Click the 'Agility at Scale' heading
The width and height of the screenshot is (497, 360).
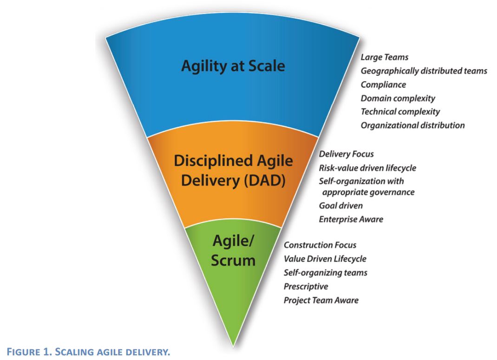click(x=233, y=66)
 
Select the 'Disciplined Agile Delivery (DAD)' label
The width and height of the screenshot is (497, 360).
click(x=233, y=170)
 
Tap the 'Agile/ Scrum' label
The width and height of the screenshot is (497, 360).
click(x=233, y=251)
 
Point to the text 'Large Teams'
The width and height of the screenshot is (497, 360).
click(x=385, y=57)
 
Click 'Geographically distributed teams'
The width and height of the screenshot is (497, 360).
click(x=424, y=71)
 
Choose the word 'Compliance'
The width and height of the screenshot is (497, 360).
click(x=383, y=85)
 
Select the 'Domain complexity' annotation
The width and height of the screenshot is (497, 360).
click(x=398, y=98)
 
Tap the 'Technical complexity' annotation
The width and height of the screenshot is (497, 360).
click(x=400, y=111)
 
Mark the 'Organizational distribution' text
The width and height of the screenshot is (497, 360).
click(x=412, y=125)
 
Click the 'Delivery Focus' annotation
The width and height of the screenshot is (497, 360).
click(x=346, y=154)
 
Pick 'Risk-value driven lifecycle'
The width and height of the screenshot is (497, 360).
click(x=367, y=168)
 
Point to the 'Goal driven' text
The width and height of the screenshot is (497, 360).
click(x=340, y=205)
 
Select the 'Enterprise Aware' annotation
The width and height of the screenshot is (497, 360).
click(x=351, y=219)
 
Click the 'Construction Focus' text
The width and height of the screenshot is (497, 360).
click(x=320, y=245)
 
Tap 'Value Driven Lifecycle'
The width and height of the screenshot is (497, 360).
click(x=325, y=259)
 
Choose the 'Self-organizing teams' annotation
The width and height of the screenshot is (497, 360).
click(x=325, y=273)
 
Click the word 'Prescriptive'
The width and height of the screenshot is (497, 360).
click(x=306, y=286)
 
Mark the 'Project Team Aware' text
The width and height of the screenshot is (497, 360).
click(x=321, y=300)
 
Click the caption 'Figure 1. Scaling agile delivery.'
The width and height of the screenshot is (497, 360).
click(x=85, y=352)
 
